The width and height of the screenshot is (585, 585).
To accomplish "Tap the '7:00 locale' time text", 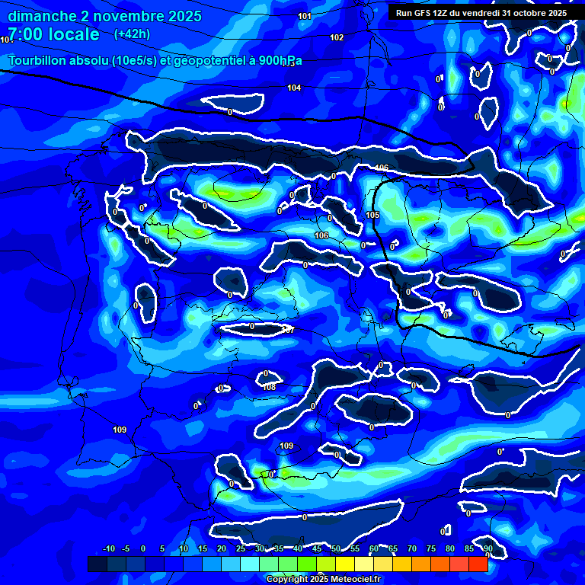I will (x=54, y=34).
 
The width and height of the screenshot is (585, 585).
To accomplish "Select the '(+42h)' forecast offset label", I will (x=132, y=34).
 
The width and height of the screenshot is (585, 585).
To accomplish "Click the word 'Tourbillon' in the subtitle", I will (x=39, y=61).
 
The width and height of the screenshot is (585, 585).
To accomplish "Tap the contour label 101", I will (x=305, y=16).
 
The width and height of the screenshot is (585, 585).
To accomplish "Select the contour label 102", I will (x=337, y=37).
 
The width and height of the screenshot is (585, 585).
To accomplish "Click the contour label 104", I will (x=294, y=88).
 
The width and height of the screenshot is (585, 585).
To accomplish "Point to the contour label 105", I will (x=372, y=216).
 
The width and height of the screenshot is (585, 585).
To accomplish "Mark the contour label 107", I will (x=288, y=330).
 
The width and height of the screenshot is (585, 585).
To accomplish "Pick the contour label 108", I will (x=269, y=387).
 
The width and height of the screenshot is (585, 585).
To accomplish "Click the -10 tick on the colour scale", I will (x=108, y=549).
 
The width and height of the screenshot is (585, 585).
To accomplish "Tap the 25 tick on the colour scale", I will (x=241, y=549).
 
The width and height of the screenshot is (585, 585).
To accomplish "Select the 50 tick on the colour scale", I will (x=336, y=549).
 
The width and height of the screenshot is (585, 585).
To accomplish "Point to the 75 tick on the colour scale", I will (x=431, y=549).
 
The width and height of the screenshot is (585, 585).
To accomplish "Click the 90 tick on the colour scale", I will (x=487, y=549).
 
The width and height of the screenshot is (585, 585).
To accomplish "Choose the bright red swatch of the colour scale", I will (x=478, y=564).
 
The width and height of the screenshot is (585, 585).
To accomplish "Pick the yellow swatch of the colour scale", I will (x=344, y=564).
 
